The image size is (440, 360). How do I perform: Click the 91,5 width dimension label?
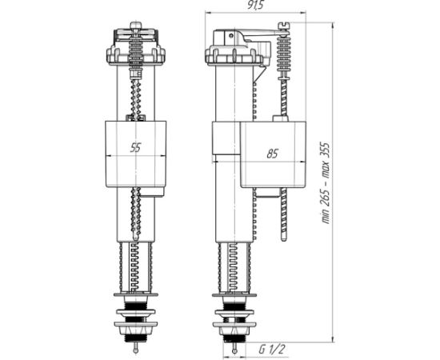[x=255, y=5]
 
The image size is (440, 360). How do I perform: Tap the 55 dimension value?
[x=135, y=147]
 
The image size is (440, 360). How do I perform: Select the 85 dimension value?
[x=272, y=154]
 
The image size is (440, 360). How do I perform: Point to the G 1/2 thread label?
[x=271, y=350]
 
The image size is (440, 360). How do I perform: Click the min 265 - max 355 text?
[x=326, y=183]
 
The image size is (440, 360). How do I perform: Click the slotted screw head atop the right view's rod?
[x=284, y=26]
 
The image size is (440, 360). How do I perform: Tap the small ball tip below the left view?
[x=135, y=350]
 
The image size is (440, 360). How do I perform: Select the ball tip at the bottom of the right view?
[x=234, y=351]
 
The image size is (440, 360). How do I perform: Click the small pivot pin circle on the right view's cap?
[x=230, y=36]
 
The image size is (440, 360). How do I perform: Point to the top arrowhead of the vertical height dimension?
[x=333, y=26]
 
